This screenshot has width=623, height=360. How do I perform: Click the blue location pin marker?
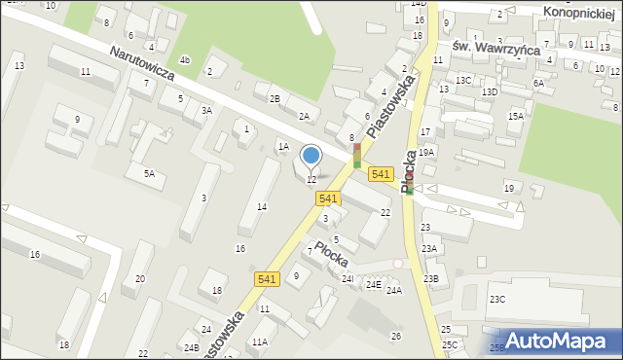[x=311, y=156]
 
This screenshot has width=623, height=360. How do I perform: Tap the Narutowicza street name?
[x=141, y=67]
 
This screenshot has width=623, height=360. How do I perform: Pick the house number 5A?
[x=149, y=174]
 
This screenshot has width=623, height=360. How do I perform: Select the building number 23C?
[x=497, y=299]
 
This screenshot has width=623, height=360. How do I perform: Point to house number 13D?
[x=489, y=92]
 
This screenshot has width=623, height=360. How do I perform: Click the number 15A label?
[x=515, y=117]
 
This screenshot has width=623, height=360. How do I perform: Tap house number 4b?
[x=184, y=60]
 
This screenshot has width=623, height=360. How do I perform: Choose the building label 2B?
[x=275, y=98]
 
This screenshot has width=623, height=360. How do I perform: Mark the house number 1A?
[x=283, y=147]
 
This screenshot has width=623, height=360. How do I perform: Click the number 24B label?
[x=192, y=347]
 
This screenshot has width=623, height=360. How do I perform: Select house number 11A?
[x=259, y=342]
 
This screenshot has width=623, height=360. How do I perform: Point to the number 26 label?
[x=396, y=337]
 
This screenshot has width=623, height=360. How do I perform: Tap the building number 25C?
[x=449, y=345]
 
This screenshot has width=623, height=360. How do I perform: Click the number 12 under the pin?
[x=311, y=180]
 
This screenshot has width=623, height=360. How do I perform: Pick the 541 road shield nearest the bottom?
[x=269, y=279]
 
